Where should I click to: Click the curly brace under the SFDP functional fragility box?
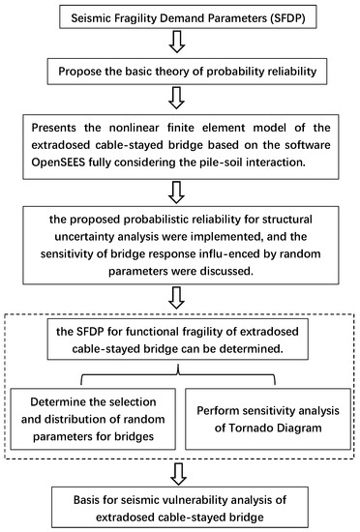[x=179, y=363]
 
